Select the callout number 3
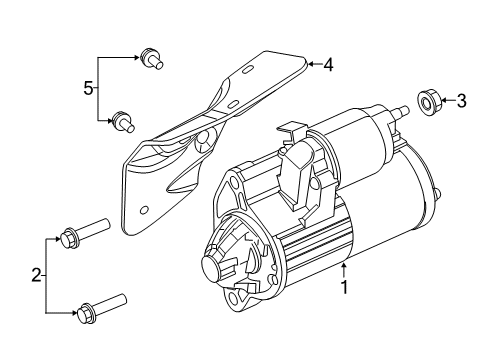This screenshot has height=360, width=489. point(461,100)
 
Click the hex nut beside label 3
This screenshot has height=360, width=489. point(423,100)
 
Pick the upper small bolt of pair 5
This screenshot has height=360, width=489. point(152,57)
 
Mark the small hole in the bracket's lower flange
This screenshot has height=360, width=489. point(147,212)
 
